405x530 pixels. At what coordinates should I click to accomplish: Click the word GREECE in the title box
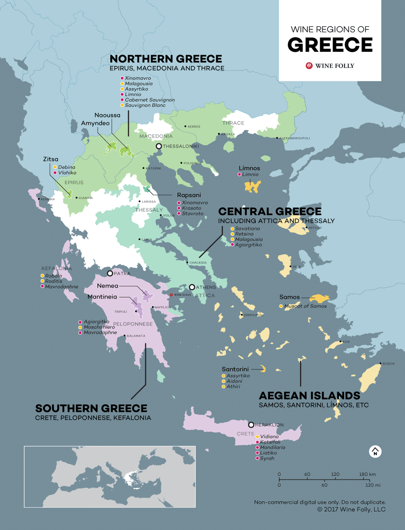[330, 45]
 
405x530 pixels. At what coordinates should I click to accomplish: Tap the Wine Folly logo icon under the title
[309, 66]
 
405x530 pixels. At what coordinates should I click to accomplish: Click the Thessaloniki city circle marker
[159, 146]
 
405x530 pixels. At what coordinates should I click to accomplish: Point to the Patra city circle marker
[110, 273]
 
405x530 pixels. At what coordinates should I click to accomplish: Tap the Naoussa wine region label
[107, 115]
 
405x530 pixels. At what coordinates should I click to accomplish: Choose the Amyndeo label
[95, 123]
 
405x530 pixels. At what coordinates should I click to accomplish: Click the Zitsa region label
[51, 159]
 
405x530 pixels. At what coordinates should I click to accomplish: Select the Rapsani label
[189, 195]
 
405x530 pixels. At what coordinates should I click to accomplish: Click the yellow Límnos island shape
[252, 186]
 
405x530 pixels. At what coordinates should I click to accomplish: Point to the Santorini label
[235, 369]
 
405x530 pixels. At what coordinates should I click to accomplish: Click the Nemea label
[107, 286]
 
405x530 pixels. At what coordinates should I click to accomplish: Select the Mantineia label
[102, 297]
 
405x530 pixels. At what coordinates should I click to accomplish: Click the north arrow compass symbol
[375, 452]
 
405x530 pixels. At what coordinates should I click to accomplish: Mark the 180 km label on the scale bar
[367, 474]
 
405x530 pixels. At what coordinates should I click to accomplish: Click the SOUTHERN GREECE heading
[91, 408]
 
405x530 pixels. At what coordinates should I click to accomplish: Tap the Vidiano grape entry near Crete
[269, 437]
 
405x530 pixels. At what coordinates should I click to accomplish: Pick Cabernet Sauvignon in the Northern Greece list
[149, 100]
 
